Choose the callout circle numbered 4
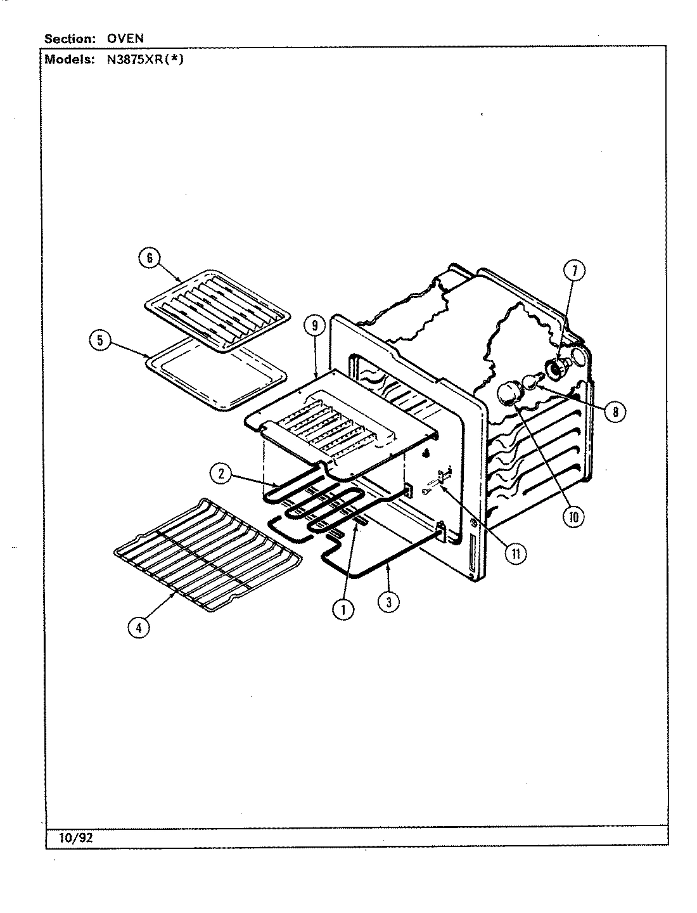pos(139,627)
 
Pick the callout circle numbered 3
pos(388,601)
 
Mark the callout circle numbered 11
pos(516,553)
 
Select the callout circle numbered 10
pos(573,517)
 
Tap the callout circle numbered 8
pos(615,411)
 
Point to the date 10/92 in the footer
pos(76,837)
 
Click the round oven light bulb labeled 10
pos(508,395)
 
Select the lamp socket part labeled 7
pos(556,367)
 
